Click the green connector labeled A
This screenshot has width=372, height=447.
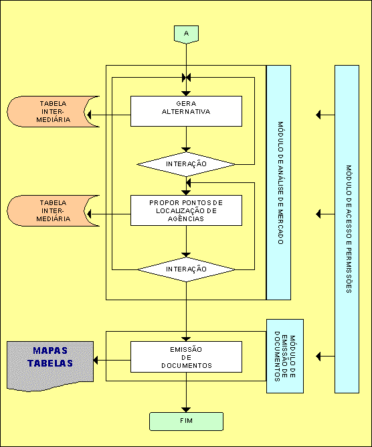186,34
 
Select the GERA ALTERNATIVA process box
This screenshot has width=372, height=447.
186,111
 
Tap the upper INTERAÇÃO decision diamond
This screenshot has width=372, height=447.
186,164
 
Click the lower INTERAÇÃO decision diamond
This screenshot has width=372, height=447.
186,269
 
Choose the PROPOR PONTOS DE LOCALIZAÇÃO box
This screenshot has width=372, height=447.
186,210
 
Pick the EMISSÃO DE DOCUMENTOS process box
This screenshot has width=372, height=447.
186,357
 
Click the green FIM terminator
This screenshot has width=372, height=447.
186,422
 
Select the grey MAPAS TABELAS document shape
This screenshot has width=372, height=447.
50,366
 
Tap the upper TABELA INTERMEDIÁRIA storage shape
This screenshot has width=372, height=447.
53,111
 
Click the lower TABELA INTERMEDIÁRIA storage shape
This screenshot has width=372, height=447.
53,210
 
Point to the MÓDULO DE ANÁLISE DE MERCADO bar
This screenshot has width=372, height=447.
278,182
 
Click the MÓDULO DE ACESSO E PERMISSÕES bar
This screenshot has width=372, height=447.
347,229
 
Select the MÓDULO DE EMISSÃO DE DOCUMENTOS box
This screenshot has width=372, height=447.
285,357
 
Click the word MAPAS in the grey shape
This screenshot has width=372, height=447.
50,350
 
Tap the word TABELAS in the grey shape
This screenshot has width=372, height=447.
50,363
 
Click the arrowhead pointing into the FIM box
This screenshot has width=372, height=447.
186,410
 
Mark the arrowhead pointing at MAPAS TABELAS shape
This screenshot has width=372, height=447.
96,361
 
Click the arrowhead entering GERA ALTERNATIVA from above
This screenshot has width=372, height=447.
186,94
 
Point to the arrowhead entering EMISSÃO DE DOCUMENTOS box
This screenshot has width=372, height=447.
186,339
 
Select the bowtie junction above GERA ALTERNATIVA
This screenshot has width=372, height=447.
186,78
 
